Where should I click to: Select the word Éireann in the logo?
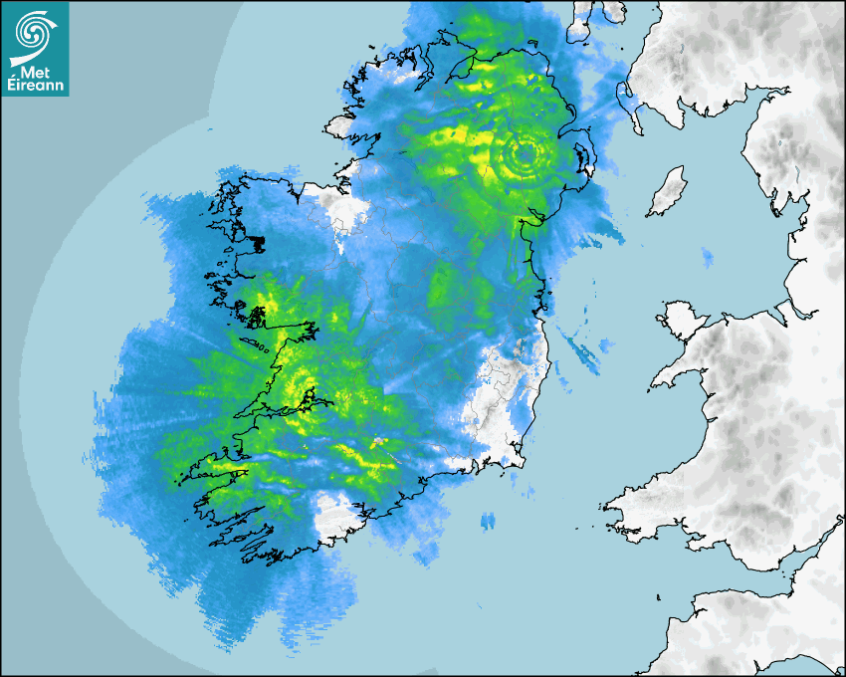coord(36,85)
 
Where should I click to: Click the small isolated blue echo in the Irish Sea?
coord(707,258)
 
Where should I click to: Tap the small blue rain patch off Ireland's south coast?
coord(488,521)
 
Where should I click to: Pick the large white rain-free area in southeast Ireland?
coord(503,398)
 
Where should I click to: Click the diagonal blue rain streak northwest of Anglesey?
coord(576,344)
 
